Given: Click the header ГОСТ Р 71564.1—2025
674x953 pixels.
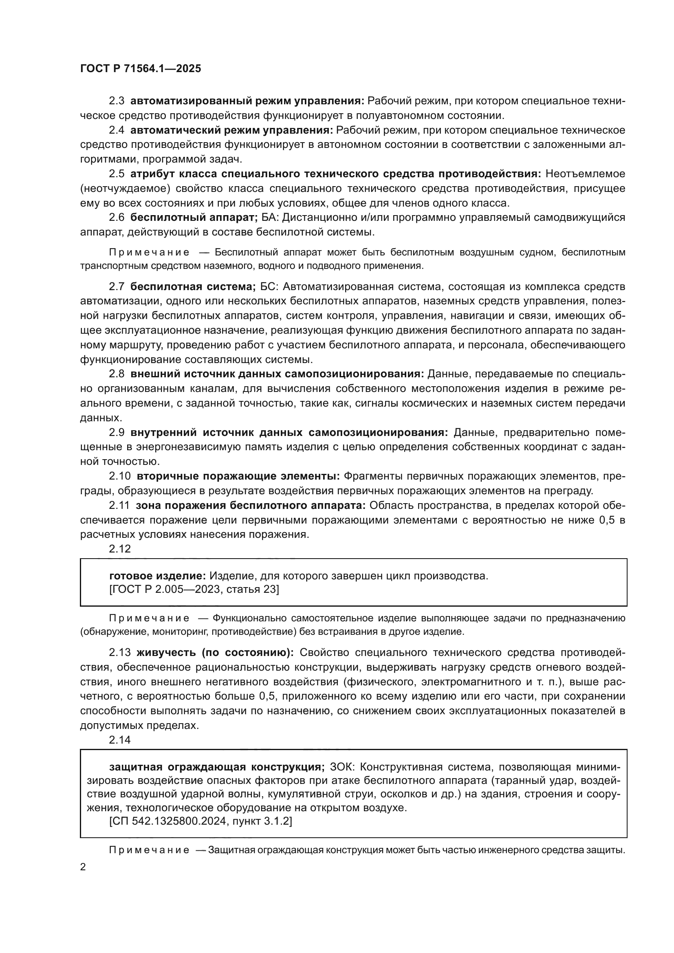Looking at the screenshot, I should point(140,68).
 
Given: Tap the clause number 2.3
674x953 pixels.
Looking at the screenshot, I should point(117,101).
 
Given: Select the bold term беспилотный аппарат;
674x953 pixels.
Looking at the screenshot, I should point(194,218).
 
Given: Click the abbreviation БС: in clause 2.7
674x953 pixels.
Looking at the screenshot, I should point(269,286).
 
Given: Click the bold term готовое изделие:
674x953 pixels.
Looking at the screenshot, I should point(157,576).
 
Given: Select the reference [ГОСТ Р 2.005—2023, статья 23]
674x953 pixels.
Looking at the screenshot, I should point(194,589).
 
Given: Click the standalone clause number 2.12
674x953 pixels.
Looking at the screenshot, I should point(119,549).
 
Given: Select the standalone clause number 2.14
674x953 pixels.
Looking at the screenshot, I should point(119,740).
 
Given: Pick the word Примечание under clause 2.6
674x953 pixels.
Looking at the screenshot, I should point(150,252).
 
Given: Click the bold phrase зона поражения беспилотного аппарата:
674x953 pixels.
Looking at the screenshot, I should point(251,506).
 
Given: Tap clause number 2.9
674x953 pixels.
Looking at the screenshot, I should point(117,433).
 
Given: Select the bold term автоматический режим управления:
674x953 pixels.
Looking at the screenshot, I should point(231,130).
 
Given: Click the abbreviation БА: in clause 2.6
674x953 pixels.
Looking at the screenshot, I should point(270,218).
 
